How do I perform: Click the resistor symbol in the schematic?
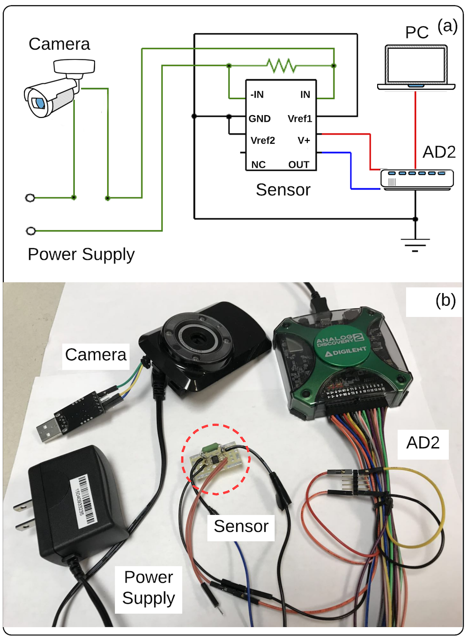[282, 66]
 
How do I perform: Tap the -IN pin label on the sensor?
[257, 95]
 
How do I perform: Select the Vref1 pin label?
[300, 119]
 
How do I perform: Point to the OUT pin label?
[299, 164]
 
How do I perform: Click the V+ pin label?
[304, 140]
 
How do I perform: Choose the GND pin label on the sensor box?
[260, 119]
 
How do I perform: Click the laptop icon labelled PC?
[416, 67]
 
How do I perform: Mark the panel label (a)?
[447, 26]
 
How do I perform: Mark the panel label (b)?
[446, 300]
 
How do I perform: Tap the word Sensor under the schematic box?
[283, 190]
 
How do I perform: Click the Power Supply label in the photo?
[149, 588]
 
